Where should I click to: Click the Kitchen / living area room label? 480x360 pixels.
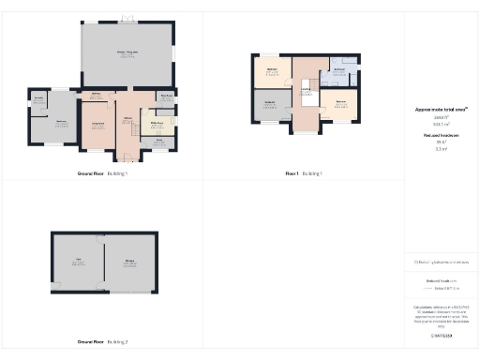127,52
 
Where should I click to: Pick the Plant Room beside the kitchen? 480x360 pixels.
168,97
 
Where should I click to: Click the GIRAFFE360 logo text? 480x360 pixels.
441,333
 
